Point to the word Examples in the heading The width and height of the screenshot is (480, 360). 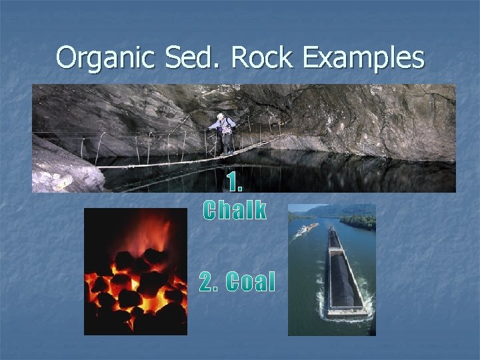363,59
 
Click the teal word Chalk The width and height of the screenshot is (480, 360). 235,211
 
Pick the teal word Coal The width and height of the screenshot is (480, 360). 251,283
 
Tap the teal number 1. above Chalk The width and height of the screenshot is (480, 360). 235,182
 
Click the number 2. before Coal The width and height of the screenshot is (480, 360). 209,283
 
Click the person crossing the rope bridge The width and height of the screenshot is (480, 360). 224,133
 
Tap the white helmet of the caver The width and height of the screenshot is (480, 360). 220,117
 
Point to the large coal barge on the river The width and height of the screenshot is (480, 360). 343,273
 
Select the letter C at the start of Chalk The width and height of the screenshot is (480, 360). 210,211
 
